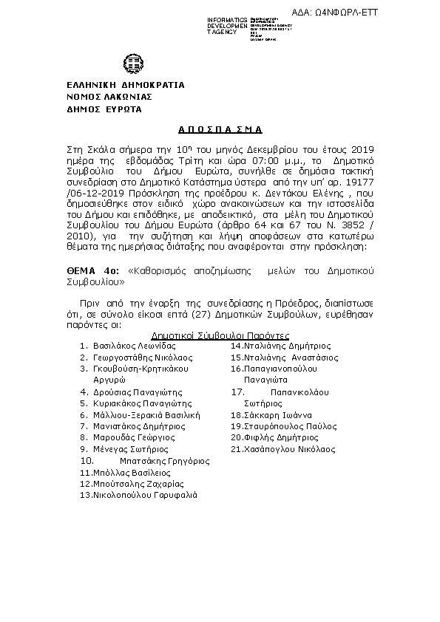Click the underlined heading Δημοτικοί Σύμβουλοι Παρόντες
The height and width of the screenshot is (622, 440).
pyautogui.click(x=211, y=335)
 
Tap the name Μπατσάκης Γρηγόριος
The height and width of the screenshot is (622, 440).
pyautogui.click(x=164, y=460)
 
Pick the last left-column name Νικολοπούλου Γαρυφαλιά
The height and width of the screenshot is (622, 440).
pyautogui.click(x=144, y=496)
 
